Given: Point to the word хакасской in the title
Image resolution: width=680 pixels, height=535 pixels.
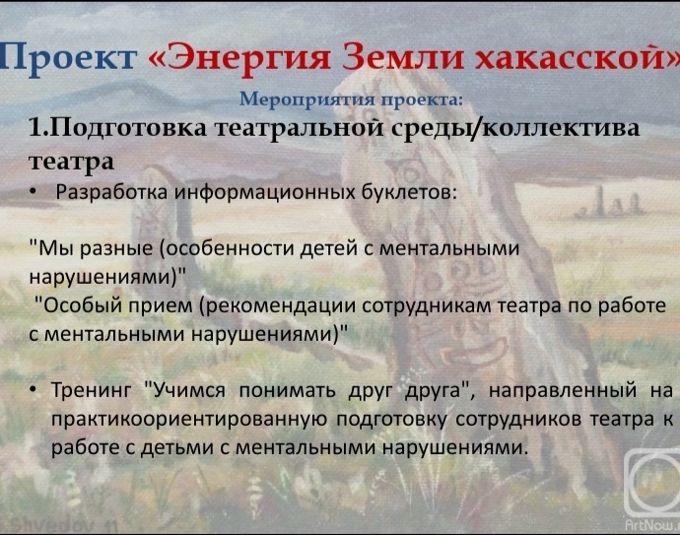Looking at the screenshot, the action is point(569,56).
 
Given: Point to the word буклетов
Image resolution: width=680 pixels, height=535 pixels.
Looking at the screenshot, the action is point(409,191).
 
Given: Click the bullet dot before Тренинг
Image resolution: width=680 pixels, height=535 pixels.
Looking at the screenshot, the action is point(34,390).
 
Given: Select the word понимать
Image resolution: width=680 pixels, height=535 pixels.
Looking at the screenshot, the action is point(286,390).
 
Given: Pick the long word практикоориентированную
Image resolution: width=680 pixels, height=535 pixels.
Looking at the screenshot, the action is point(188,420).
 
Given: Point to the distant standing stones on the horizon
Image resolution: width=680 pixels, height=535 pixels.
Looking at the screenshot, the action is point(608,206).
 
